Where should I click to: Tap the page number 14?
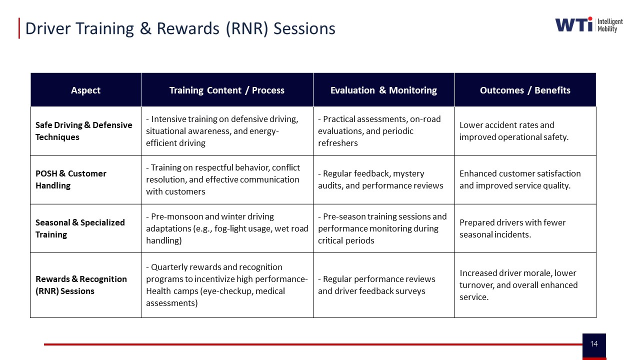(594, 343)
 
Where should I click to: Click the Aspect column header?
(85, 90)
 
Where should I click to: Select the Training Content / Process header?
(227, 90)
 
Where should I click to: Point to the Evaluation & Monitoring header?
(383, 90)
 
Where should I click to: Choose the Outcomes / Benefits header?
(525, 90)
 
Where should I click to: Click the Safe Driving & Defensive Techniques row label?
(83, 131)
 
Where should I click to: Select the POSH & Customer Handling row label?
(71, 179)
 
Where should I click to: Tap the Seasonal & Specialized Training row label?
(80, 228)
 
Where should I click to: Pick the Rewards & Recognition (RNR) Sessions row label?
(81, 285)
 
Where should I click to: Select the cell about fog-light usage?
(227, 228)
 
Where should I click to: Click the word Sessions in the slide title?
(304, 28)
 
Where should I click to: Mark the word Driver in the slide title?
(47, 28)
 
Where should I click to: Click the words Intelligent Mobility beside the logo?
(610, 25)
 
